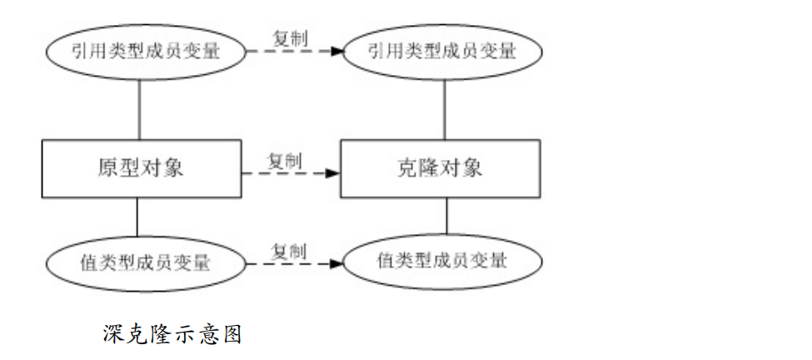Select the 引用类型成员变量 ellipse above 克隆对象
click(x=442, y=51)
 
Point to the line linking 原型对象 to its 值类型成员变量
click(x=137, y=217)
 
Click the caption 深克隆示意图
click(x=172, y=334)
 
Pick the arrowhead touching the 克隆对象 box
click(x=333, y=173)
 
